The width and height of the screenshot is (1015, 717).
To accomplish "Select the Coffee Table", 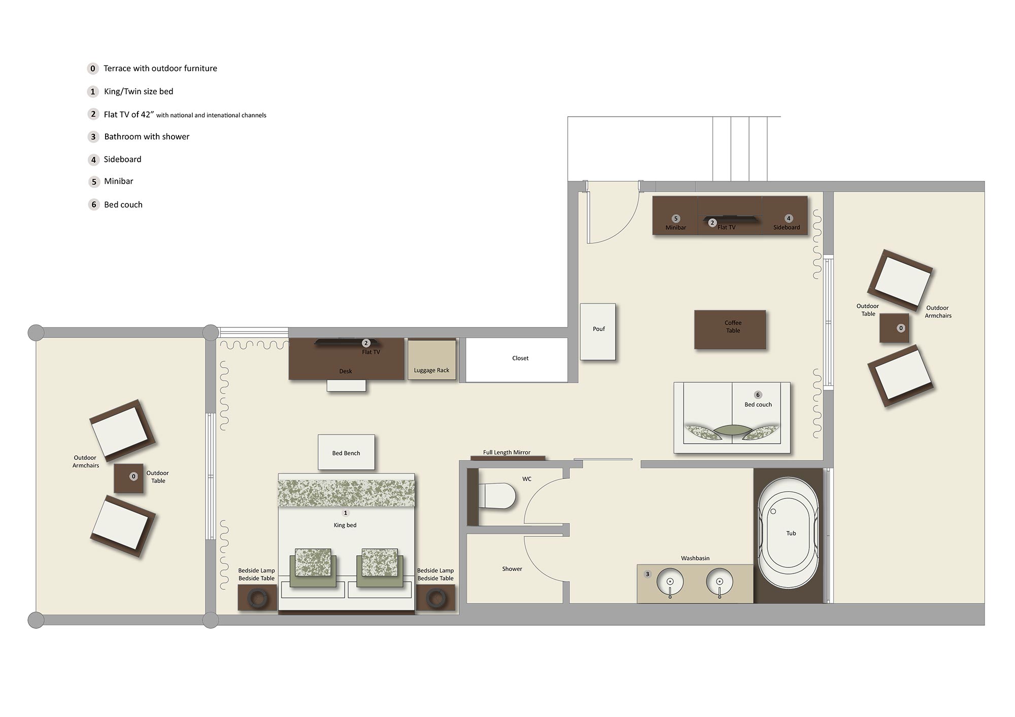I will click(x=730, y=329).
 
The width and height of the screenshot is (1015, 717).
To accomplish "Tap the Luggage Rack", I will click(x=432, y=360).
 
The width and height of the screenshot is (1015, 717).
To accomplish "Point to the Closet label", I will click(x=520, y=358).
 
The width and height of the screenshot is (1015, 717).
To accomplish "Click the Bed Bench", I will click(x=346, y=452).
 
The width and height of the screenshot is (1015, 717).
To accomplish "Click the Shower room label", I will click(x=512, y=569).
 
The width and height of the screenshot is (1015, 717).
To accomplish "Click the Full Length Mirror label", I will click(x=506, y=452).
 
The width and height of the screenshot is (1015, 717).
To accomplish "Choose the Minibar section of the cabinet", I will click(x=675, y=216).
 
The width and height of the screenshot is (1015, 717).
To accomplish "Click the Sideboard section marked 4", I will click(x=785, y=216).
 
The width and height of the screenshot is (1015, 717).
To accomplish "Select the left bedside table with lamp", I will click(x=258, y=597).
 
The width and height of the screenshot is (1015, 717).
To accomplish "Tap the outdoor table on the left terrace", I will click(x=128, y=478).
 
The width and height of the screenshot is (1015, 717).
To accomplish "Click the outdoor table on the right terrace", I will click(x=894, y=328).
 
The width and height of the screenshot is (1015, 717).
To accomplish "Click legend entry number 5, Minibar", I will click(x=118, y=181).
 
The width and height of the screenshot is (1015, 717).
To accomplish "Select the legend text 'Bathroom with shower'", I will click(x=147, y=136).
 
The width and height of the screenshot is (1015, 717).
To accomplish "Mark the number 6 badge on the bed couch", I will click(x=758, y=395).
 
